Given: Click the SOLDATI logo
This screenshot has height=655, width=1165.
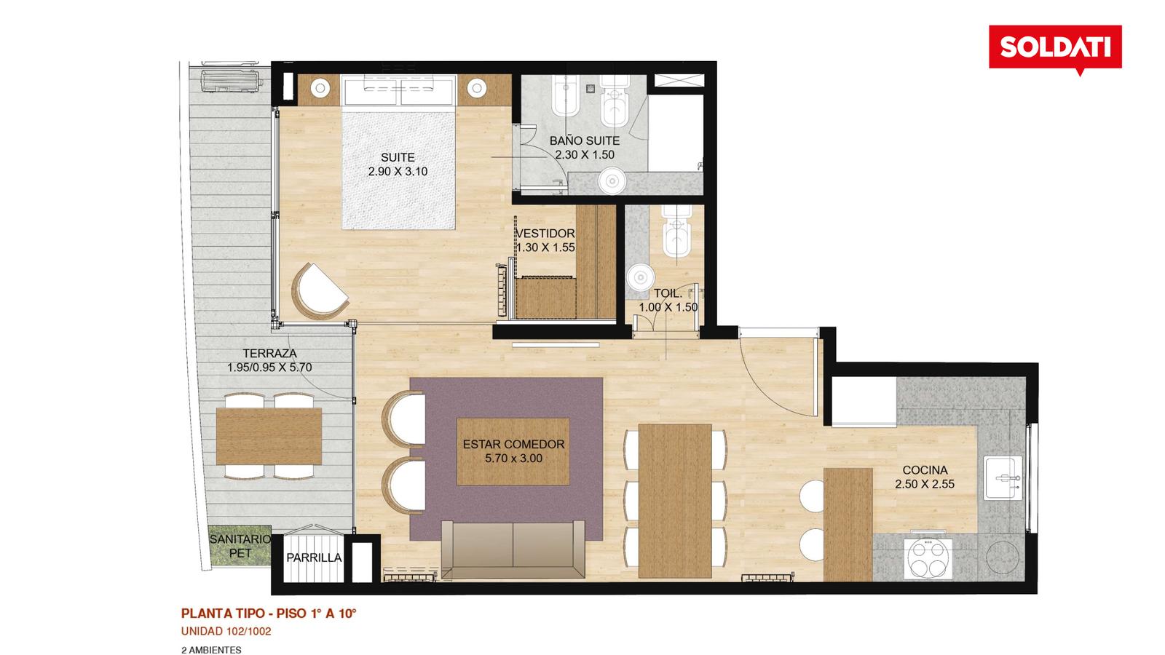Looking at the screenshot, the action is pos(1055,49).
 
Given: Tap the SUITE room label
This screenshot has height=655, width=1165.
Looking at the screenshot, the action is pos(398,157).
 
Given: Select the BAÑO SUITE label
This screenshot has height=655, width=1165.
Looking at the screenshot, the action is pos(585,141).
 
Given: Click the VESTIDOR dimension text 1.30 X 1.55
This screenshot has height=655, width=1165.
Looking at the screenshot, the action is pos(545,247).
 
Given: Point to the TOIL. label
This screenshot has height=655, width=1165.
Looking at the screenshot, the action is pos(668,293).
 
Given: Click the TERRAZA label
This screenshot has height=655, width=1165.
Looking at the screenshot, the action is pos(269,354).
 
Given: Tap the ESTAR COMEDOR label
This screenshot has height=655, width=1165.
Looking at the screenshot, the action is pos(513,445).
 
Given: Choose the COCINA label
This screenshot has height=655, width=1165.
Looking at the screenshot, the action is pos(925,470).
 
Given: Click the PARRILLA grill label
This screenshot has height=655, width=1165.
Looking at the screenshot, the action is pos(314,557).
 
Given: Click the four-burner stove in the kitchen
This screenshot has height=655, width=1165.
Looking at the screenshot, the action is pos(928,559).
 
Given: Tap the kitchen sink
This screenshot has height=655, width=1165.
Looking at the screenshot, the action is pos(1003,477).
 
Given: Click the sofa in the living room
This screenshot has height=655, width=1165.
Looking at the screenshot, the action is pos(513,549).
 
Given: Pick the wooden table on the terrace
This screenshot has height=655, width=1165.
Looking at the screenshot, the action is pos(269,436).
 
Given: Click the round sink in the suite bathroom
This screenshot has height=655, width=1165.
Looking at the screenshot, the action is pos(612,181).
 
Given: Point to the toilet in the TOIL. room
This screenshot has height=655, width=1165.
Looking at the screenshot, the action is pos(676,230).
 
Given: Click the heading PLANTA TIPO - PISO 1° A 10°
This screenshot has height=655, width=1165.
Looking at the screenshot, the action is pos(269,614).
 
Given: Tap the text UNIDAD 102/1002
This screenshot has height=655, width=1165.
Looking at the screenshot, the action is pos(226,632).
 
